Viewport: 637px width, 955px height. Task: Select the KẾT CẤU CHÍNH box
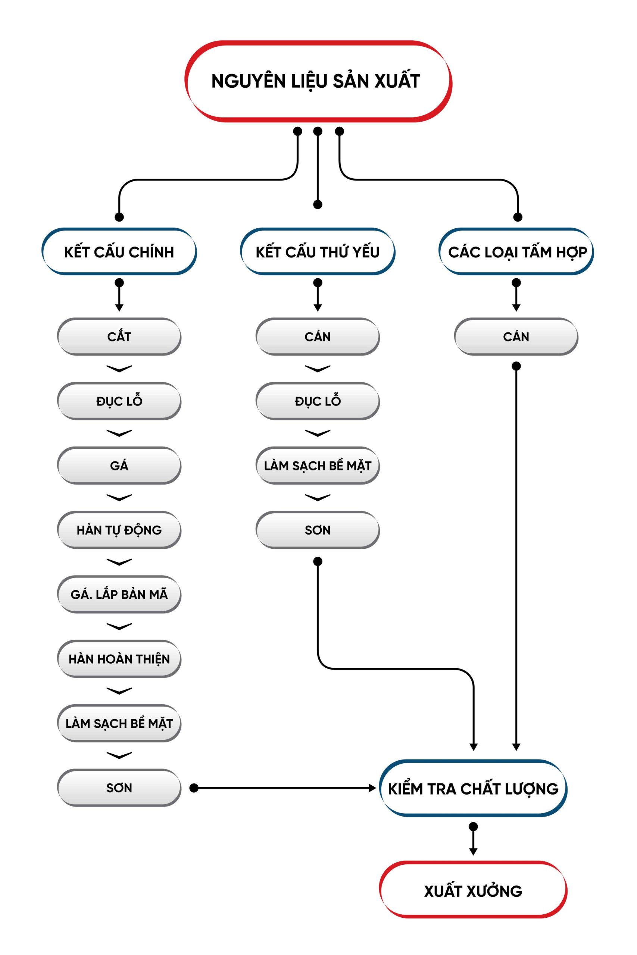[119, 252]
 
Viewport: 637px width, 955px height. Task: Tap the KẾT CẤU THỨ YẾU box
[318, 252]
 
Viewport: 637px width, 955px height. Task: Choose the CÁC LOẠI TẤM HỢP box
[516, 252]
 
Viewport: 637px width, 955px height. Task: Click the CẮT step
[119, 336]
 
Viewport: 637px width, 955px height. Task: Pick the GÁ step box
[119, 465]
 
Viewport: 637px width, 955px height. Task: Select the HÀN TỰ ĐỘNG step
[119, 530]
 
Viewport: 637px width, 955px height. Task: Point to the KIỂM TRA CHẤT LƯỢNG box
[473, 789]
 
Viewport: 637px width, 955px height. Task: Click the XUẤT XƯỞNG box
[473, 891]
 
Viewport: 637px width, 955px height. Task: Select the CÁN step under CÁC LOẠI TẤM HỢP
[516, 336]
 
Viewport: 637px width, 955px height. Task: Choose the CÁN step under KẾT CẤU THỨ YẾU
[318, 336]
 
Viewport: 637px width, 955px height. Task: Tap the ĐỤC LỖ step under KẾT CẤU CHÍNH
[119, 401]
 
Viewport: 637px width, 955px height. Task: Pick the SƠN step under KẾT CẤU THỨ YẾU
[318, 530]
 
